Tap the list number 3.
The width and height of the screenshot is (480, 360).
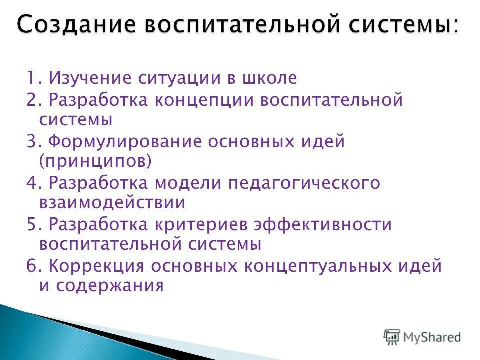coord(32,142)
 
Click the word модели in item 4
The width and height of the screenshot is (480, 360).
coord(190,183)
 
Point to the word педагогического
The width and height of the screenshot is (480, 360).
coord(305,183)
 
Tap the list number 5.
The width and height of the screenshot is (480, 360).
coord(32,224)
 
